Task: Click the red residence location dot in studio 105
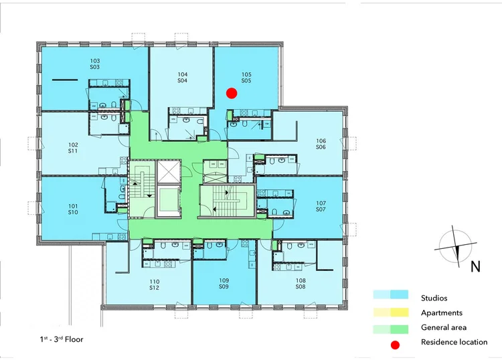pos(232,93)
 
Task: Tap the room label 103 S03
pos(94,64)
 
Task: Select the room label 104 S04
pos(182,77)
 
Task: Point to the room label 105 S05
pos(246,77)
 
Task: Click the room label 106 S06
pos(321,144)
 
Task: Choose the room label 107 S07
pos(321,206)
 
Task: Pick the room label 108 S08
pos(300,284)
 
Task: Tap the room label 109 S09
pos(224,284)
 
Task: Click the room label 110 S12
pos(154,284)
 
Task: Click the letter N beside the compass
pos(475,266)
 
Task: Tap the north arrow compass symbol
pos(456,246)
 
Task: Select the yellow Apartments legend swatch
pos(391,312)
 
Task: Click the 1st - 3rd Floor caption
pos(62,339)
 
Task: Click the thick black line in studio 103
pos(65,80)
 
